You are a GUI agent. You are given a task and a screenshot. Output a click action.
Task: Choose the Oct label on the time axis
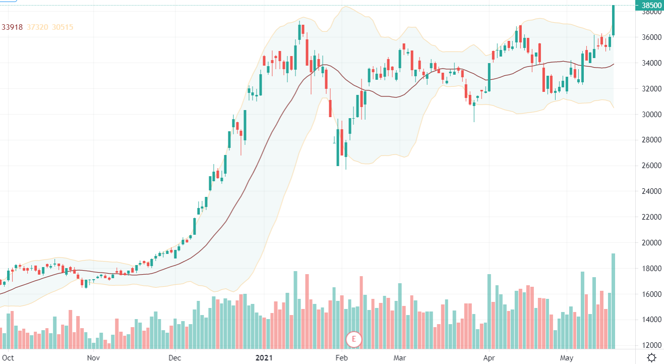pyautogui.click(x=8, y=357)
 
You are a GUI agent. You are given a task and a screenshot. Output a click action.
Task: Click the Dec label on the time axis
pyautogui.click(x=174, y=357)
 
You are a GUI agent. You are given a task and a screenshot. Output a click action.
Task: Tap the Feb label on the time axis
pyautogui.click(x=342, y=357)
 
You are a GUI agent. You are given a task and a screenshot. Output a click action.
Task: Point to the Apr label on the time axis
pyautogui.click(x=489, y=357)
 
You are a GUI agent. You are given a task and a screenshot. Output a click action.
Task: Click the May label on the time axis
pyautogui.click(x=567, y=357)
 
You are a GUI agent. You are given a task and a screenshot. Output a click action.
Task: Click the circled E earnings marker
pyautogui.click(x=354, y=339)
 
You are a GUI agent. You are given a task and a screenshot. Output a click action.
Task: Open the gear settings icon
pyautogui.click(x=651, y=357)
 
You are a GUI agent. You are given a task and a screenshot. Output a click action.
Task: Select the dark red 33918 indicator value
pyautogui.click(x=12, y=27)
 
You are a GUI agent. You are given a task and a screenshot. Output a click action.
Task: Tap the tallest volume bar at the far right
pyautogui.click(x=613, y=300)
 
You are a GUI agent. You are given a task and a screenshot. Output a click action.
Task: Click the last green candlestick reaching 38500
pyautogui.click(x=613, y=20)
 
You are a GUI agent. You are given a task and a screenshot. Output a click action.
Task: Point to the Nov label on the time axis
pyautogui.click(x=93, y=357)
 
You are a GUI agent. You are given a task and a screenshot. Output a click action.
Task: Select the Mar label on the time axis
pyautogui.click(x=400, y=357)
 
